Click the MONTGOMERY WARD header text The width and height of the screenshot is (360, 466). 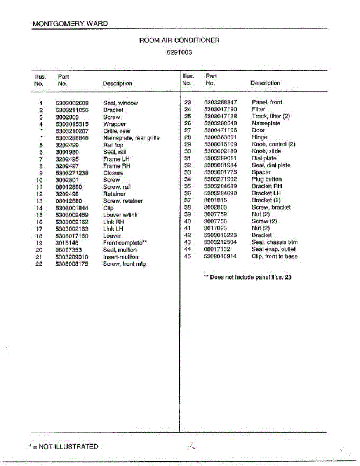(70, 24)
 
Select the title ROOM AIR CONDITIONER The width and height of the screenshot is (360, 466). (179, 40)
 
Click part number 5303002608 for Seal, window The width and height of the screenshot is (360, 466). (72, 103)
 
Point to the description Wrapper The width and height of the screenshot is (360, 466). (115, 124)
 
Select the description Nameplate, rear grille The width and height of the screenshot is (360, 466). (131, 138)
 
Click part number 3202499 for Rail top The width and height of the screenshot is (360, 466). (67, 145)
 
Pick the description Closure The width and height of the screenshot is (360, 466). (113, 173)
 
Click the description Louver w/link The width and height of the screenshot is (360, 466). (120, 215)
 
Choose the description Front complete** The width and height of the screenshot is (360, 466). (125, 243)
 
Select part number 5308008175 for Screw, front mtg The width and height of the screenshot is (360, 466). (72, 264)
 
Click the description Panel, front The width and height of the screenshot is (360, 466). (267, 103)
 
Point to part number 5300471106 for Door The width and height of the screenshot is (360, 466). (220, 130)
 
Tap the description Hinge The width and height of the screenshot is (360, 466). (259, 137)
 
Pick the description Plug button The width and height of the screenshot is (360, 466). (266, 179)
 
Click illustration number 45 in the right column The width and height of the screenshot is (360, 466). (188, 256)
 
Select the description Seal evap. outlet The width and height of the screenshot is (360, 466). (273, 249)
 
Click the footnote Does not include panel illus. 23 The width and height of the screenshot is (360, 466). (248, 277)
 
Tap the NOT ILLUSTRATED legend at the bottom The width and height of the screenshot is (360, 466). (64, 447)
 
